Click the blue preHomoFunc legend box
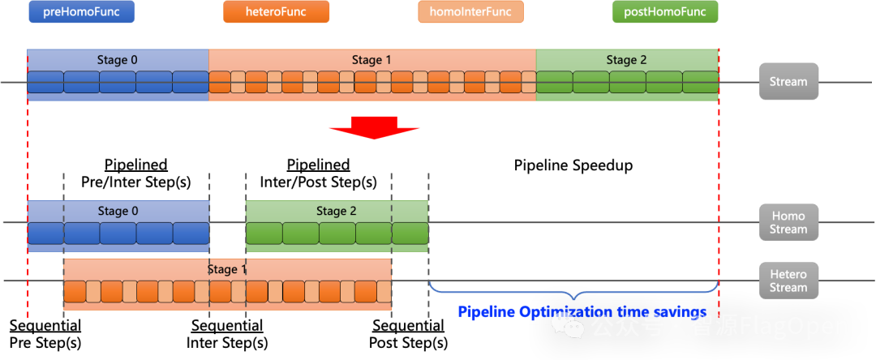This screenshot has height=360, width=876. click(x=81, y=12)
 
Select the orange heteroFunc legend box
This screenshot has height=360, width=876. click(x=276, y=12)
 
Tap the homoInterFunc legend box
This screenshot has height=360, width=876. click(x=470, y=12)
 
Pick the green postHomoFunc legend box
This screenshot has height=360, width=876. click(x=665, y=12)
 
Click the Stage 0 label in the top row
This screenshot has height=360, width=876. click(x=118, y=60)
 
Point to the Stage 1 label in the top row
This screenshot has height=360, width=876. click(x=372, y=60)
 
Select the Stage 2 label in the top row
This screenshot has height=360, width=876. click(x=627, y=60)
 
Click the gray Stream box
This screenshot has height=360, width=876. click(x=788, y=82)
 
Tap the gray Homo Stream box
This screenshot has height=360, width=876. click(x=788, y=222)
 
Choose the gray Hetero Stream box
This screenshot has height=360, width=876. click(x=788, y=281)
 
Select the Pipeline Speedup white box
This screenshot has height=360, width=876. click(x=573, y=165)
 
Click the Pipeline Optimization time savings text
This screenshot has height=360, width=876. click(x=582, y=312)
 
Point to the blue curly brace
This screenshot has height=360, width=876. click(x=573, y=290)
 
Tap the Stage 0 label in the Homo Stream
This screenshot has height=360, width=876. click(x=118, y=211)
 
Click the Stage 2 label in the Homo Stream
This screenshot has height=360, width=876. click(x=336, y=211)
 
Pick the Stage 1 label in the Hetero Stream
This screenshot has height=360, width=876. click(x=227, y=269)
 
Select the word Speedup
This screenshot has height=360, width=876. click(x=602, y=165)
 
